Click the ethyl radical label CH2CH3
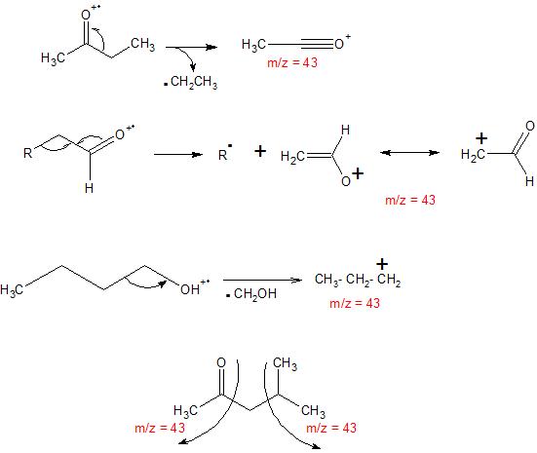point(194,83)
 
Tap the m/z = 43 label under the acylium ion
point(292,62)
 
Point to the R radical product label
point(225,153)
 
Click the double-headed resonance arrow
point(410,152)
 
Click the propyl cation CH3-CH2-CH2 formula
point(358,280)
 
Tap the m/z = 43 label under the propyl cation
point(355,303)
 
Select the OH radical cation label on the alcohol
point(195,287)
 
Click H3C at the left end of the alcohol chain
point(12,290)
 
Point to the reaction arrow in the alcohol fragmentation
point(262,281)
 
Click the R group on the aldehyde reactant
point(27,153)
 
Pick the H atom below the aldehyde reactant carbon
point(89,188)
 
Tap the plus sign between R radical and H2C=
point(260,151)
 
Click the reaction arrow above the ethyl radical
point(191,47)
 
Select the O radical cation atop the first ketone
point(91,13)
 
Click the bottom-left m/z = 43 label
point(160,428)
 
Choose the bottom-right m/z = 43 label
point(331,428)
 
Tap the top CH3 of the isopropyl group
point(285,364)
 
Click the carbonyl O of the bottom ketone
point(221,363)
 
